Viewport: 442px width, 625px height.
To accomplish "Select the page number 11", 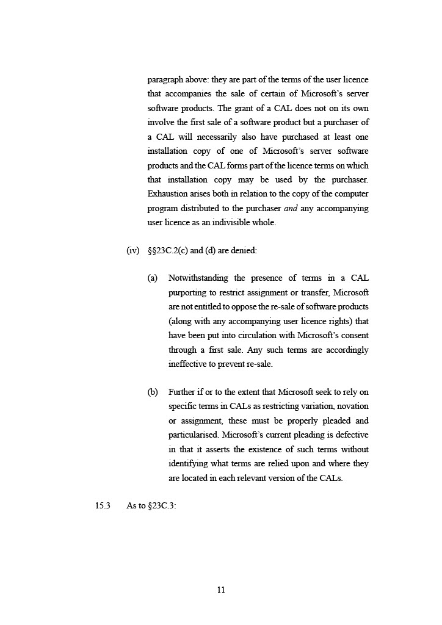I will coord(221,590).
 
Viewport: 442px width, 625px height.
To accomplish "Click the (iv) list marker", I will coord(132,251).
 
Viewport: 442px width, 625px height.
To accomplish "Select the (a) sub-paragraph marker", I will coord(153,278).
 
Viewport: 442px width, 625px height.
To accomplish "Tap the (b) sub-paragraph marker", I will coord(153,392).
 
